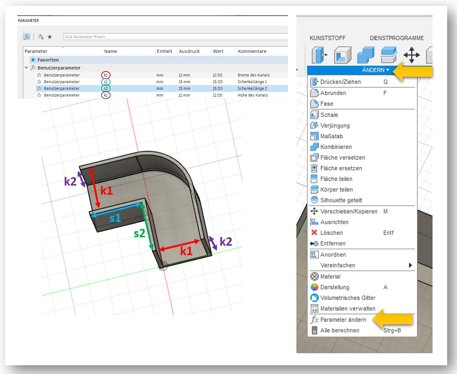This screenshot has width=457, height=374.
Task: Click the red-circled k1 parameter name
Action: (106, 75)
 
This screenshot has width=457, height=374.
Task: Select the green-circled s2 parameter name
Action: (106, 88)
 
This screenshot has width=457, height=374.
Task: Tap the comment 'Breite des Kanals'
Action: (254, 75)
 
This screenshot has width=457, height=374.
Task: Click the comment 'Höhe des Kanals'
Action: (253, 95)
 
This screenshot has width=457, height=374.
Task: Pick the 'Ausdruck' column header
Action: (189, 51)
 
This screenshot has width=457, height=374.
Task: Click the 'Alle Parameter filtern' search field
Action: (176, 36)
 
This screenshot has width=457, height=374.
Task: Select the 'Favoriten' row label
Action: (48, 60)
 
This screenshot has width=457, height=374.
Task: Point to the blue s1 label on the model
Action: (115, 218)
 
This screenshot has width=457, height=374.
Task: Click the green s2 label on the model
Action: (139, 233)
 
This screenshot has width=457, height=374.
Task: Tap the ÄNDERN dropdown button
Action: (376, 70)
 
